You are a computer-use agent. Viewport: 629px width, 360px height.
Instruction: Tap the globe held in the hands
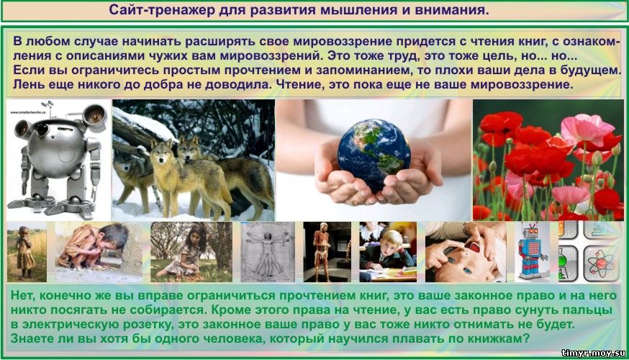(x=374, y=154)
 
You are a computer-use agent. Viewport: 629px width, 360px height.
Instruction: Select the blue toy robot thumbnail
(x=532, y=251)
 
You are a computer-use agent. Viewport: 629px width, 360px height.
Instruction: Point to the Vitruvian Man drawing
(x=268, y=251)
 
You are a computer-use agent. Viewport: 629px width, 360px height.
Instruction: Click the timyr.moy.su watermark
(x=593, y=353)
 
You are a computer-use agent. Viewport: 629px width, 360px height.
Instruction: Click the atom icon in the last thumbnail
(x=600, y=264)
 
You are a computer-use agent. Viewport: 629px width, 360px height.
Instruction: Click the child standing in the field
(x=24, y=251)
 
